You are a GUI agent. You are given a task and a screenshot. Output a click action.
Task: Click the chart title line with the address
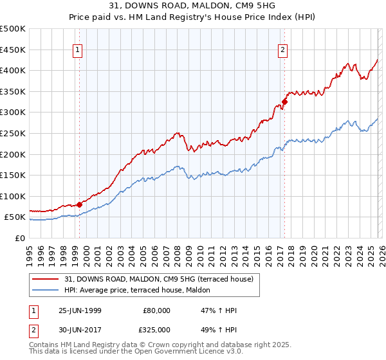(192, 6)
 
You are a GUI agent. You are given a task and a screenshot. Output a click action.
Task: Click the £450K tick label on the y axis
(13, 50)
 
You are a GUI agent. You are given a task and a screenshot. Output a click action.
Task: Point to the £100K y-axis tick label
(13, 196)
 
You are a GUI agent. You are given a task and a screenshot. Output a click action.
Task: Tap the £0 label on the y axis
(20, 238)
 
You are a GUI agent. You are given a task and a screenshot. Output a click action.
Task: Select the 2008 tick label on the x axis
(177, 251)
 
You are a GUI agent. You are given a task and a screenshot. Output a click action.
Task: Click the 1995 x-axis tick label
(30, 251)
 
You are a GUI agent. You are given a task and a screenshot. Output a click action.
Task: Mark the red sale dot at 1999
(80, 204)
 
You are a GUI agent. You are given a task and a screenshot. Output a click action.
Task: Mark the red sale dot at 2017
(284, 101)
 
